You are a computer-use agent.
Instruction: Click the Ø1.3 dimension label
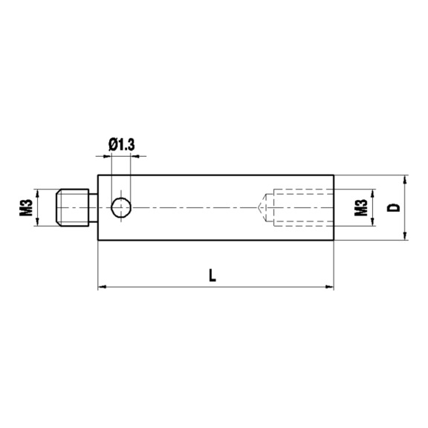pos(121,145)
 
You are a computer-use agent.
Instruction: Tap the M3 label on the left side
pos(26,207)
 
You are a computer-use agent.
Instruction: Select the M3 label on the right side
pos(361,207)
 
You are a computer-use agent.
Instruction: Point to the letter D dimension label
pos(393,208)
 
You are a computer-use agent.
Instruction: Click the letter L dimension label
pos(213,275)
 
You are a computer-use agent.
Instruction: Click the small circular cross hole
pos(121,207)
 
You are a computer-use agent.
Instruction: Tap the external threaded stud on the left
pos(72,207)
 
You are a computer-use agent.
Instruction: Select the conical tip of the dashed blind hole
pos(262,207)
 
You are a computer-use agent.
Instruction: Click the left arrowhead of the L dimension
pos(102,287)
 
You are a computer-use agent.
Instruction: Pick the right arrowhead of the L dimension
pos(330,287)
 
